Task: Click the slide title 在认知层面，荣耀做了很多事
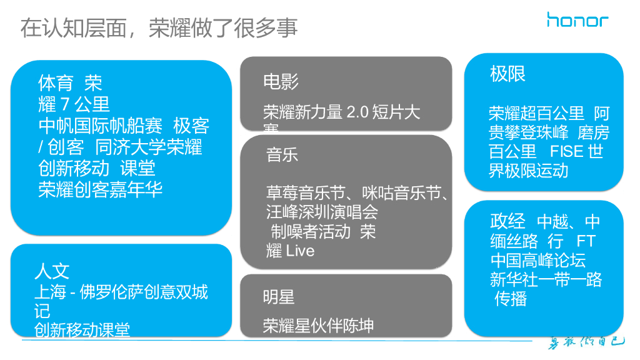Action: click(159, 27)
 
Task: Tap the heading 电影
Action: click(281, 81)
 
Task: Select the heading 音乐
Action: click(282, 154)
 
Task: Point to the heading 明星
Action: click(279, 297)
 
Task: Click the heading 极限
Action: click(507, 74)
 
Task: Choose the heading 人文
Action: click(52, 271)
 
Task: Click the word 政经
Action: click(507, 222)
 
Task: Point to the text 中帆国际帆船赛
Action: click(101, 126)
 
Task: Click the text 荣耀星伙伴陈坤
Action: click(318, 326)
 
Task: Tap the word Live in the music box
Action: click(300, 251)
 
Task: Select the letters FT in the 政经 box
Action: click(586, 241)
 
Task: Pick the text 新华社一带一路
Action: click(546, 279)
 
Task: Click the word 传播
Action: click(511, 299)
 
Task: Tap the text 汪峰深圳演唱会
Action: click(322, 212)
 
